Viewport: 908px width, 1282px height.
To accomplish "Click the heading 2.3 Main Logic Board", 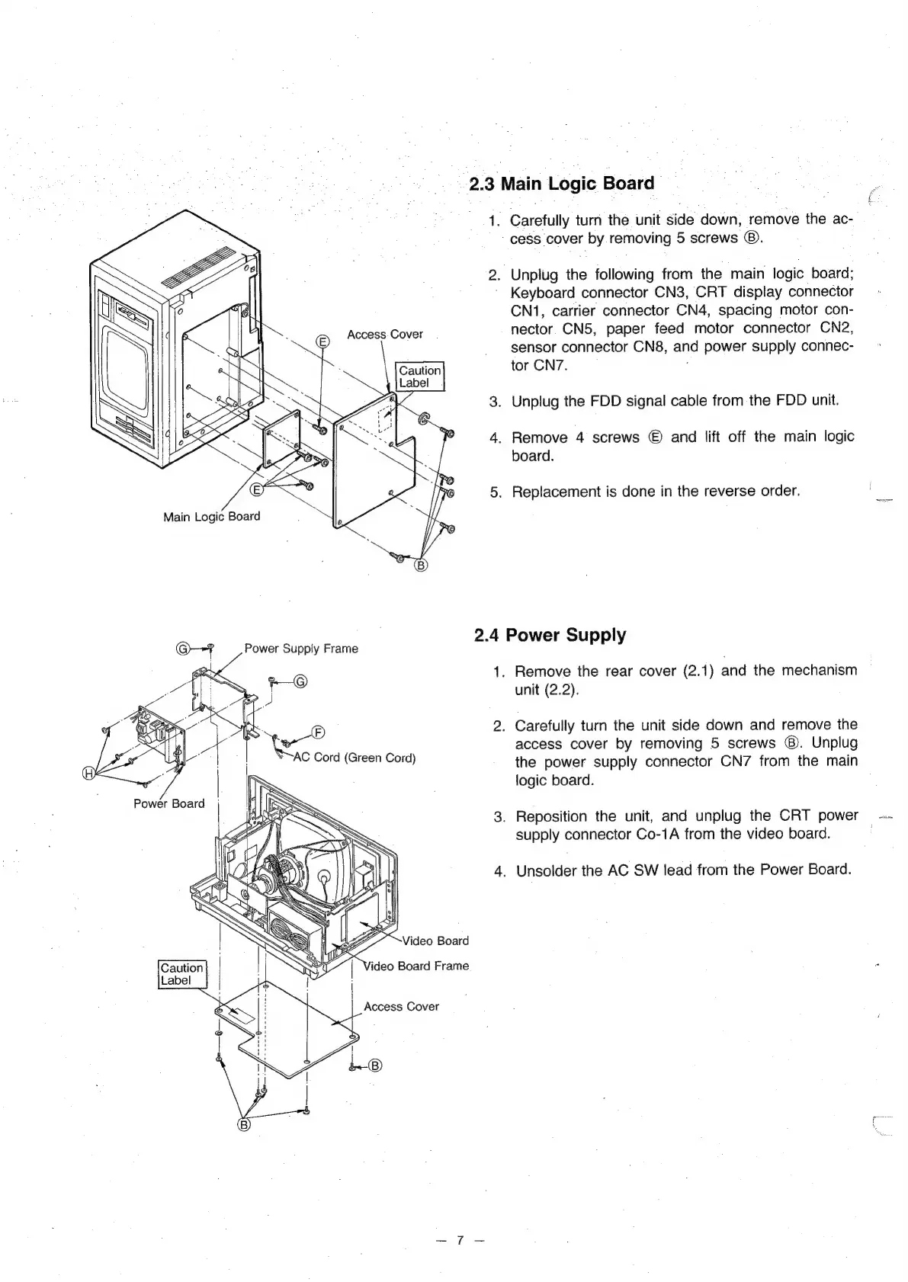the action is click(561, 184).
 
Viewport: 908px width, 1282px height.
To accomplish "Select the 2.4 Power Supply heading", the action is click(550, 635).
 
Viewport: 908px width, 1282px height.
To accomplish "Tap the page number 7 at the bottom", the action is click(460, 1240).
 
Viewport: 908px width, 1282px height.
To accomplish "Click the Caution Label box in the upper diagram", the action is click(420, 377).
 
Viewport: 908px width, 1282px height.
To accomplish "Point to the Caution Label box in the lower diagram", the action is click(182, 974).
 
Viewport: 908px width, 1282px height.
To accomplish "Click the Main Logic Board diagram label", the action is click(212, 517).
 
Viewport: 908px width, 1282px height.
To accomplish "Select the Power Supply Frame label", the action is click(300, 649).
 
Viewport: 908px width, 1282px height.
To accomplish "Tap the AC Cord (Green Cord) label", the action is click(355, 758).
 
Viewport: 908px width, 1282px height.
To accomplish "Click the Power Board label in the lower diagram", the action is click(169, 803).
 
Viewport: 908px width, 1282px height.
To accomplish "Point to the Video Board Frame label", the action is click(416, 966).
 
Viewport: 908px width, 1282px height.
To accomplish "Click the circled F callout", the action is click(319, 733).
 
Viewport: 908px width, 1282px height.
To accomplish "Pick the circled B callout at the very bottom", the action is click(245, 1124).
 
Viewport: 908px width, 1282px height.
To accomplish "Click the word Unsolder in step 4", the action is click(547, 870).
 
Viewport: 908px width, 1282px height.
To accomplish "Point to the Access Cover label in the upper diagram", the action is click(384, 335).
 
